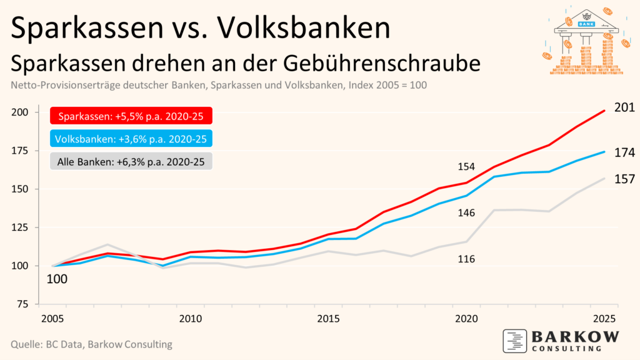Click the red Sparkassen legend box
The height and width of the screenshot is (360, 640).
pyautogui.click(x=131, y=116)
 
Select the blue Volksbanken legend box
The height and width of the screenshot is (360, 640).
pyautogui.click(x=131, y=139)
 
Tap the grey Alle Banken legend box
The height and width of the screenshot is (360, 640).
pyautogui.click(x=131, y=162)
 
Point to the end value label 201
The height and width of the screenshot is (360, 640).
pyautogui.click(x=624, y=107)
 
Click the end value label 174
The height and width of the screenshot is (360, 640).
pyautogui.click(x=624, y=152)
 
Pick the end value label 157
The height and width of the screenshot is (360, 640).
pyautogui.click(x=624, y=179)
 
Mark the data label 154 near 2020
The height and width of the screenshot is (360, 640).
pyautogui.click(x=466, y=166)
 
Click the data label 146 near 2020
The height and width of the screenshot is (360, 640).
pyautogui.click(x=466, y=212)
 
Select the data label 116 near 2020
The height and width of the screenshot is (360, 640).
pyautogui.click(x=466, y=259)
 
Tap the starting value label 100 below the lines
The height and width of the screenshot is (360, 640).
pyautogui.click(x=57, y=279)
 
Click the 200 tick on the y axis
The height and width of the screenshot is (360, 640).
pyautogui.click(x=19, y=112)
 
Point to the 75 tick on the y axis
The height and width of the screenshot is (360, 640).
pyautogui.click(x=23, y=304)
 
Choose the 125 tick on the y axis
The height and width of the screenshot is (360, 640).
pyautogui.click(x=19, y=227)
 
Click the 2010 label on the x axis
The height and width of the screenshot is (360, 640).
pyautogui.click(x=191, y=319)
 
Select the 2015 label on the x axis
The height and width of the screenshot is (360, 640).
pyautogui.click(x=329, y=319)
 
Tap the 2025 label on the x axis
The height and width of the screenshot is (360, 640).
pyautogui.click(x=604, y=319)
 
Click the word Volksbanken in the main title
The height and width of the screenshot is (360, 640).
pyautogui.click(x=304, y=27)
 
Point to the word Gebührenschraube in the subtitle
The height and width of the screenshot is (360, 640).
pyautogui.click(x=382, y=64)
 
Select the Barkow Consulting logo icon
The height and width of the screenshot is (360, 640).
pyautogui.click(x=515, y=341)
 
